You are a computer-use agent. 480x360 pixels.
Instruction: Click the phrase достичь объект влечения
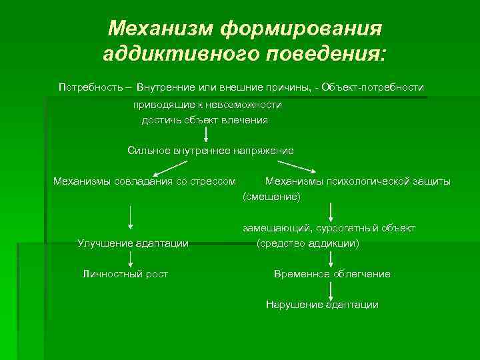205,120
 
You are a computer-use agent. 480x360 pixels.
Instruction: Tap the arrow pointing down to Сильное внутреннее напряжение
206,135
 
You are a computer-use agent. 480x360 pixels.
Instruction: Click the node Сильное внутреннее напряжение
211,151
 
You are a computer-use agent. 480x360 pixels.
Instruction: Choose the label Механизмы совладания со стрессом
145,181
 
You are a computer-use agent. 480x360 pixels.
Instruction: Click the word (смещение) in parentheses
272,197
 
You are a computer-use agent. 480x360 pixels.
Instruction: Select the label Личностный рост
125,274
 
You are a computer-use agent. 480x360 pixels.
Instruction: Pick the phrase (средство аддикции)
308,243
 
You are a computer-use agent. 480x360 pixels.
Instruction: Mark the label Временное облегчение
332,274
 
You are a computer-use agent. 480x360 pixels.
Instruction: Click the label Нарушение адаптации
322,305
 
